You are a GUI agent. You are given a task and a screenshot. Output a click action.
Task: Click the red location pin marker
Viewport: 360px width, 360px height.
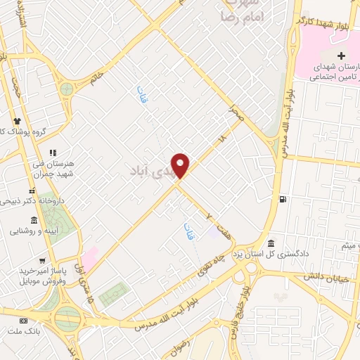coord(181,165)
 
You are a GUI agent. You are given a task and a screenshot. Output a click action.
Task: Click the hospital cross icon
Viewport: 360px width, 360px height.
coord(341,56)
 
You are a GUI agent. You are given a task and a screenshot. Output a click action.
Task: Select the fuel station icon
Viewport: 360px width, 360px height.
coord(282,199)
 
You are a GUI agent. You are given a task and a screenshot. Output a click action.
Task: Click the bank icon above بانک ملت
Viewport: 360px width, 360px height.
coord(24,321)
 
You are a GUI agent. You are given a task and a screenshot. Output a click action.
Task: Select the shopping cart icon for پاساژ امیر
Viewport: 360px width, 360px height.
coord(44,259)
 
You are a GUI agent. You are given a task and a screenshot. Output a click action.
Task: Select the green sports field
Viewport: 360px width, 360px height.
coord(114,294)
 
